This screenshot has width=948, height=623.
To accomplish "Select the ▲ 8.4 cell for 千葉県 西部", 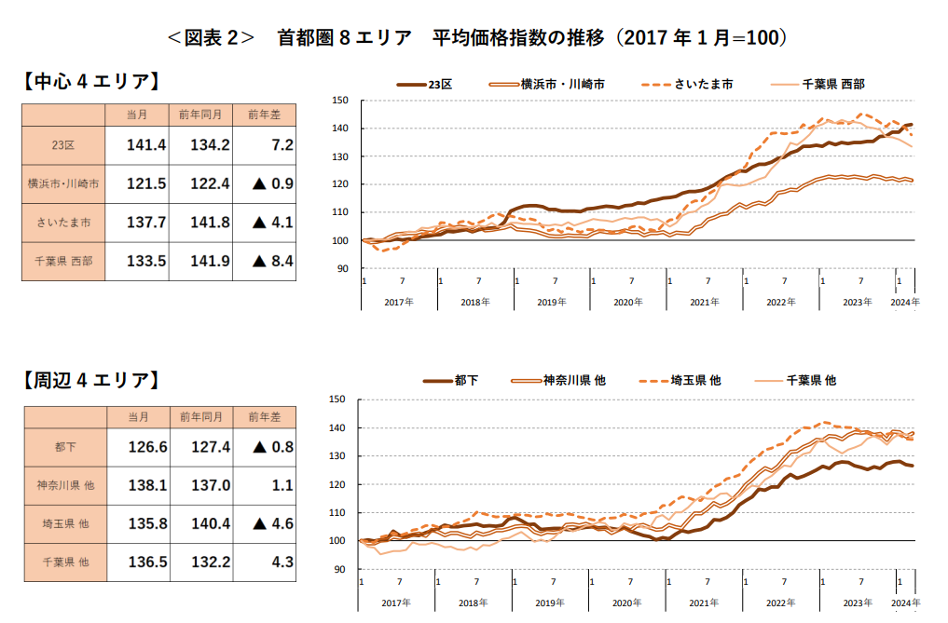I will click(x=272, y=262).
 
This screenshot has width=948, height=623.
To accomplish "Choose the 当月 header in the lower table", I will click(x=137, y=416).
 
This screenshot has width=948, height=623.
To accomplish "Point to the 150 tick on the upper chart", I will click(x=340, y=101).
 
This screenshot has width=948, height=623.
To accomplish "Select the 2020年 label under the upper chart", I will click(x=628, y=303).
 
